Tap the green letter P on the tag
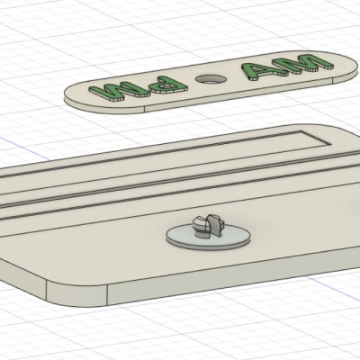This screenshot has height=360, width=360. tap(168, 85)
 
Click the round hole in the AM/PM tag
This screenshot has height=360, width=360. tap(211, 79)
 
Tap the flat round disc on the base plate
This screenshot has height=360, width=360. tap(209, 237)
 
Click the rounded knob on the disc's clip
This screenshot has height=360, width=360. tap(200, 226)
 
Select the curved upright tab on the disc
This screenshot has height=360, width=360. tap(213, 226)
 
